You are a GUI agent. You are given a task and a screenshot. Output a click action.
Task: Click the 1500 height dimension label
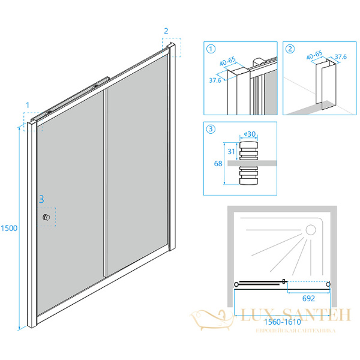tap(9, 228)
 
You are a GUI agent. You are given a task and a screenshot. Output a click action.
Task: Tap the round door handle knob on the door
tap(46, 217)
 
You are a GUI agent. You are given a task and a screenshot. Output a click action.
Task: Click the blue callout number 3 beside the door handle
tap(41, 199)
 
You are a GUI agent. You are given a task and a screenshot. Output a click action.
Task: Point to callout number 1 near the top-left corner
tap(28, 105)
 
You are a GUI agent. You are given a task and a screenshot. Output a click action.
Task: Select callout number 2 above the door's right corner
tap(166, 31)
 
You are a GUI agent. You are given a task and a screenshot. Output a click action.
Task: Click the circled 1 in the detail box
tap(211, 49)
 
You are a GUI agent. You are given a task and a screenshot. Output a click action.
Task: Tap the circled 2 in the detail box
tap(290, 49)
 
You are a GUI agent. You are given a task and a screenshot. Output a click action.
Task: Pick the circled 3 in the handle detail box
tap(211, 129)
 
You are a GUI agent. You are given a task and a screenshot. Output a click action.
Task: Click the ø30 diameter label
tap(250, 134)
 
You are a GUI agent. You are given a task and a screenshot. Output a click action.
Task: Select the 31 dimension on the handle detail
tap(231, 152)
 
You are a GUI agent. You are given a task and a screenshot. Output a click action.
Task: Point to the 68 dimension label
tap(218, 163)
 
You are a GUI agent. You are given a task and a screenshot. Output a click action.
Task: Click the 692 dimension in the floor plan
tap(308, 298)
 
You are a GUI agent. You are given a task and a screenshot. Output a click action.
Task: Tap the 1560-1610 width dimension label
tap(283, 322)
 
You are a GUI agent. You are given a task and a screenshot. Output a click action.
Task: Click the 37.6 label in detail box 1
tap(215, 80)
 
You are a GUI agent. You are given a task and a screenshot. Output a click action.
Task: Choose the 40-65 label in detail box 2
tap(314, 55)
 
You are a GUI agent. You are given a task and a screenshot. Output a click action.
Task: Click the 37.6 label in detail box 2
tap(341, 56)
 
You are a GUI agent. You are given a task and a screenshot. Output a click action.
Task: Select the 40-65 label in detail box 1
tap(227, 61)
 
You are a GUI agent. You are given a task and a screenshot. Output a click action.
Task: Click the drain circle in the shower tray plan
tap(311, 230)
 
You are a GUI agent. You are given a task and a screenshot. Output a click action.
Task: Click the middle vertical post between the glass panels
tap(105, 183)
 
